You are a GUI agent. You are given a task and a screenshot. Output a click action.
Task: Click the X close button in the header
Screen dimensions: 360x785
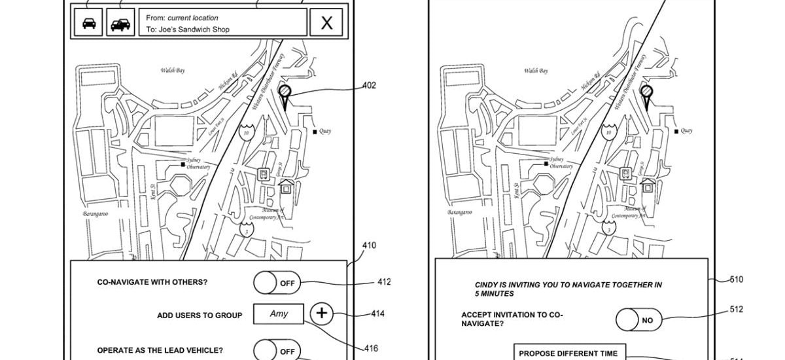[326, 24]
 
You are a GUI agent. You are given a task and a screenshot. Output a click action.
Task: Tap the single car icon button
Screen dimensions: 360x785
[88, 24]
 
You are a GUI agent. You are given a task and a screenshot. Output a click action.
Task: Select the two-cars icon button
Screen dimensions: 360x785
[120, 24]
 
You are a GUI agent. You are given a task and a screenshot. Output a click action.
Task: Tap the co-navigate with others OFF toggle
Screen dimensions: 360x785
[277, 283]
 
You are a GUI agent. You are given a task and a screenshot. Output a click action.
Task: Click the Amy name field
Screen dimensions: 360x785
[279, 314]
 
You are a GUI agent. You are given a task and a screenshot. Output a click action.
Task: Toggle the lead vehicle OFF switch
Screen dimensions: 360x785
[277, 351]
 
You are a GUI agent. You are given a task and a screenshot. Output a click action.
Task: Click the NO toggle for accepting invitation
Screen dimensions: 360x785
[638, 320]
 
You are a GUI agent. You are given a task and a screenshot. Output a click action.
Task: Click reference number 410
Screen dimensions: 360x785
[368, 246]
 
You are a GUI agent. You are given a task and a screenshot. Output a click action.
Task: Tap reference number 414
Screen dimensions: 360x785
[377, 314]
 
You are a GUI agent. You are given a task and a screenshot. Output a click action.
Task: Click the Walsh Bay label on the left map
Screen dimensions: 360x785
[172, 70]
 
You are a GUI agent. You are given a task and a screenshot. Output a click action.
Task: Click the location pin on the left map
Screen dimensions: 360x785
[284, 93]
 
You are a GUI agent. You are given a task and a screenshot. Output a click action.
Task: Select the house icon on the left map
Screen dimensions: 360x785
[286, 187]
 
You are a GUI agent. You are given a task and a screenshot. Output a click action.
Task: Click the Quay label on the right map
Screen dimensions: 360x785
[686, 131]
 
